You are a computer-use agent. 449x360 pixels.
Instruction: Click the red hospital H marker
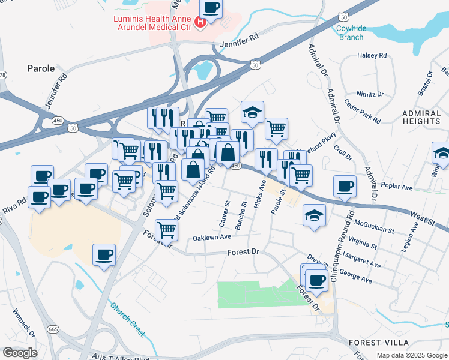point(201,23)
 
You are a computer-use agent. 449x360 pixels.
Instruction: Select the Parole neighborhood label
point(41,68)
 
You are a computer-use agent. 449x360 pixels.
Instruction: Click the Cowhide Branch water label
point(351,32)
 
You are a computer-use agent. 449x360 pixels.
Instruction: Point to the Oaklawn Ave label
point(212,238)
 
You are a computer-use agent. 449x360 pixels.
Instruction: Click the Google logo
point(20,353)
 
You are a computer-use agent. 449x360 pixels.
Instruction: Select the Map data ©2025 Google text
point(411,355)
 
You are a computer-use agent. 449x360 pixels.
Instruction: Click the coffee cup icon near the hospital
point(210,8)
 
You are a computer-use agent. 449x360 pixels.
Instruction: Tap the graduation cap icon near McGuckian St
point(314,215)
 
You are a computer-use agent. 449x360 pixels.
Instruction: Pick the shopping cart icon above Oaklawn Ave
point(167,229)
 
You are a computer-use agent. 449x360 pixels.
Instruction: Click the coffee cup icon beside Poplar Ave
point(344,186)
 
